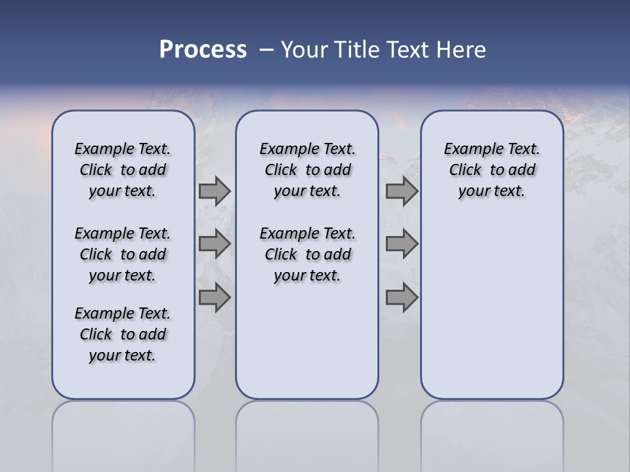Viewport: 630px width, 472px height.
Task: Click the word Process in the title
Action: pyautogui.click(x=203, y=50)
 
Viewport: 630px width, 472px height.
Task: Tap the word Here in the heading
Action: pyautogui.click(x=463, y=50)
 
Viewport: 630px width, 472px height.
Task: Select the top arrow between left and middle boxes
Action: pyautogui.click(x=215, y=191)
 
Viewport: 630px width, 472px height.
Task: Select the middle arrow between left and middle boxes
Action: pyautogui.click(x=215, y=244)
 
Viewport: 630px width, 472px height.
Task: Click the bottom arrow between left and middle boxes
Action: pyautogui.click(x=215, y=297)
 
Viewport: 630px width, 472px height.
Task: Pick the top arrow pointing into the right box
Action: pyautogui.click(x=402, y=191)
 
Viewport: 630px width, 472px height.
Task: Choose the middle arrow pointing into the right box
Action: pyautogui.click(x=402, y=244)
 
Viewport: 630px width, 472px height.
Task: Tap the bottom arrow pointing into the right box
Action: pyautogui.click(x=402, y=297)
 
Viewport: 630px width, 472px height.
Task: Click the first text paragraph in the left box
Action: pyautogui.click(x=123, y=170)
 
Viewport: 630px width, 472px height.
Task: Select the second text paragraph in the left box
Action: pyautogui.click(x=123, y=254)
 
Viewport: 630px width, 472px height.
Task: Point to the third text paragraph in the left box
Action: pyautogui.click(x=123, y=334)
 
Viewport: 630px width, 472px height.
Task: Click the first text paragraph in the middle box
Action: pyautogui.click(x=307, y=170)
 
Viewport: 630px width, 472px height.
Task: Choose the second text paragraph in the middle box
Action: pyautogui.click(x=307, y=254)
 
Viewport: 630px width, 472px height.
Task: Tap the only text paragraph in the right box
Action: pyautogui.click(x=492, y=170)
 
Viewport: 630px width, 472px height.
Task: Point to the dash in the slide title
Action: pyautogui.click(x=266, y=50)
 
